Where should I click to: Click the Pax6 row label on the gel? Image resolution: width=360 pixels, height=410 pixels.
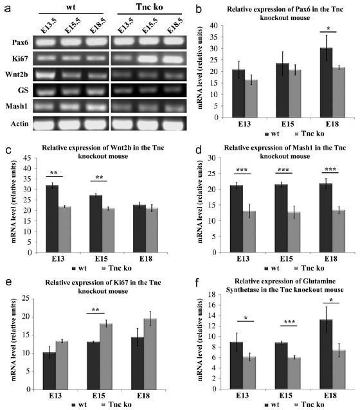[x=20, y=42]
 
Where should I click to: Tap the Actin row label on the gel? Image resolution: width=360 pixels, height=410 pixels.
[x=19, y=123]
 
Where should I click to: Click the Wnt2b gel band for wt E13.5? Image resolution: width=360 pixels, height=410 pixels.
[x=46, y=75]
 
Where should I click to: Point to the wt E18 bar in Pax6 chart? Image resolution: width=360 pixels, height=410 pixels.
[x=326, y=83]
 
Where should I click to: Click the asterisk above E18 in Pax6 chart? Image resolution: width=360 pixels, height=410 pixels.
[x=328, y=28]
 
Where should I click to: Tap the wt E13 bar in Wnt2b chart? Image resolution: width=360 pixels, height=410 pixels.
[x=52, y=219]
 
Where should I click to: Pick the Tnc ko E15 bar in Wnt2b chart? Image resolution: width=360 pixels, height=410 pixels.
[x=108, y=230]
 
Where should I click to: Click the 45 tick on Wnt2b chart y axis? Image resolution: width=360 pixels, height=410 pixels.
[x=28, y=157]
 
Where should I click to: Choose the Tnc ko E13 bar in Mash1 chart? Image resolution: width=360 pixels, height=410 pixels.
[x=249, y=232]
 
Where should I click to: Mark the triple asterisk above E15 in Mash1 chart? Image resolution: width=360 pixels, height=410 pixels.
[x=283, y=170]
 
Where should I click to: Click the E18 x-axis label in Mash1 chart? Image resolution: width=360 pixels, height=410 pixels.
[x=331, y=259]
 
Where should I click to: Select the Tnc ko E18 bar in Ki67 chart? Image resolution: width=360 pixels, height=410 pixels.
[x=150, y=354]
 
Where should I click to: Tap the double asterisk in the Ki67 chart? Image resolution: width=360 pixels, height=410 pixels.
[x=96, y=310]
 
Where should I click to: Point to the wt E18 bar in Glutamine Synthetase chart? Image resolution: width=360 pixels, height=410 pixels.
[x=327, y=354]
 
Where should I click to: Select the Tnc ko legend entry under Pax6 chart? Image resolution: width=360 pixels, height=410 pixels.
[x=309, y=134]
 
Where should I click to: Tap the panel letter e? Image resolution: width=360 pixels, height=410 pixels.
[x=8, y=282]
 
